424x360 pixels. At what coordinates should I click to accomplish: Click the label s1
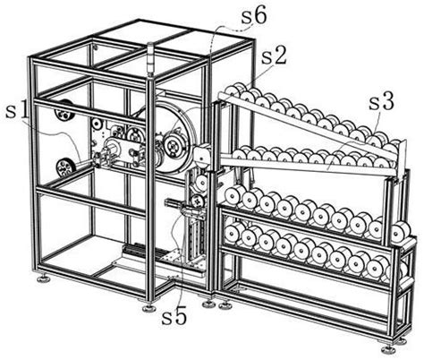18,111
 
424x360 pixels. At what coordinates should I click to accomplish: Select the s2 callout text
274,56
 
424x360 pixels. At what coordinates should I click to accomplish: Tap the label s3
382,102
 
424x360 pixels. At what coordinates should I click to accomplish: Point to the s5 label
174,317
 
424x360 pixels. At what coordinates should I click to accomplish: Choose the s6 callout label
254,16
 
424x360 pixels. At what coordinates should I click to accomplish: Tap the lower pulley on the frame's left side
65,169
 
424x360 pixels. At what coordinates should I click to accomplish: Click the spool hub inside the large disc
173,145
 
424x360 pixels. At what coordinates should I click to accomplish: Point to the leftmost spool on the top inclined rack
233,90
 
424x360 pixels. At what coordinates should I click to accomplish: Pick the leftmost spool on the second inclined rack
241,154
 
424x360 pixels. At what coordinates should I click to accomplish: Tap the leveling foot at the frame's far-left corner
44,279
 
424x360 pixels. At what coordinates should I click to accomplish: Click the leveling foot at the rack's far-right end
388,348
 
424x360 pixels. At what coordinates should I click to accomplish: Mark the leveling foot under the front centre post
148,307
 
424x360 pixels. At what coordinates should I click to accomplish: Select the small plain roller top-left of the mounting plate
97,123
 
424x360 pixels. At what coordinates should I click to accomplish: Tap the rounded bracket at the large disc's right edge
203,154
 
